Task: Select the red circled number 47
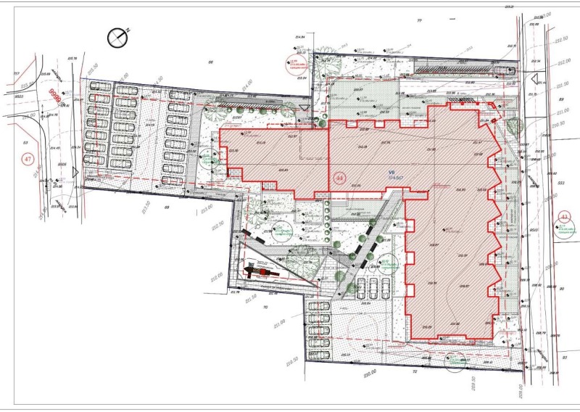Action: pos(29,158)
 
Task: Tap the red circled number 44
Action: pos(339,177)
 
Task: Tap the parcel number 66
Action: pos(211,62)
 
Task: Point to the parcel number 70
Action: pos(265,308)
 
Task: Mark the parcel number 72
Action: pos(415,371)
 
